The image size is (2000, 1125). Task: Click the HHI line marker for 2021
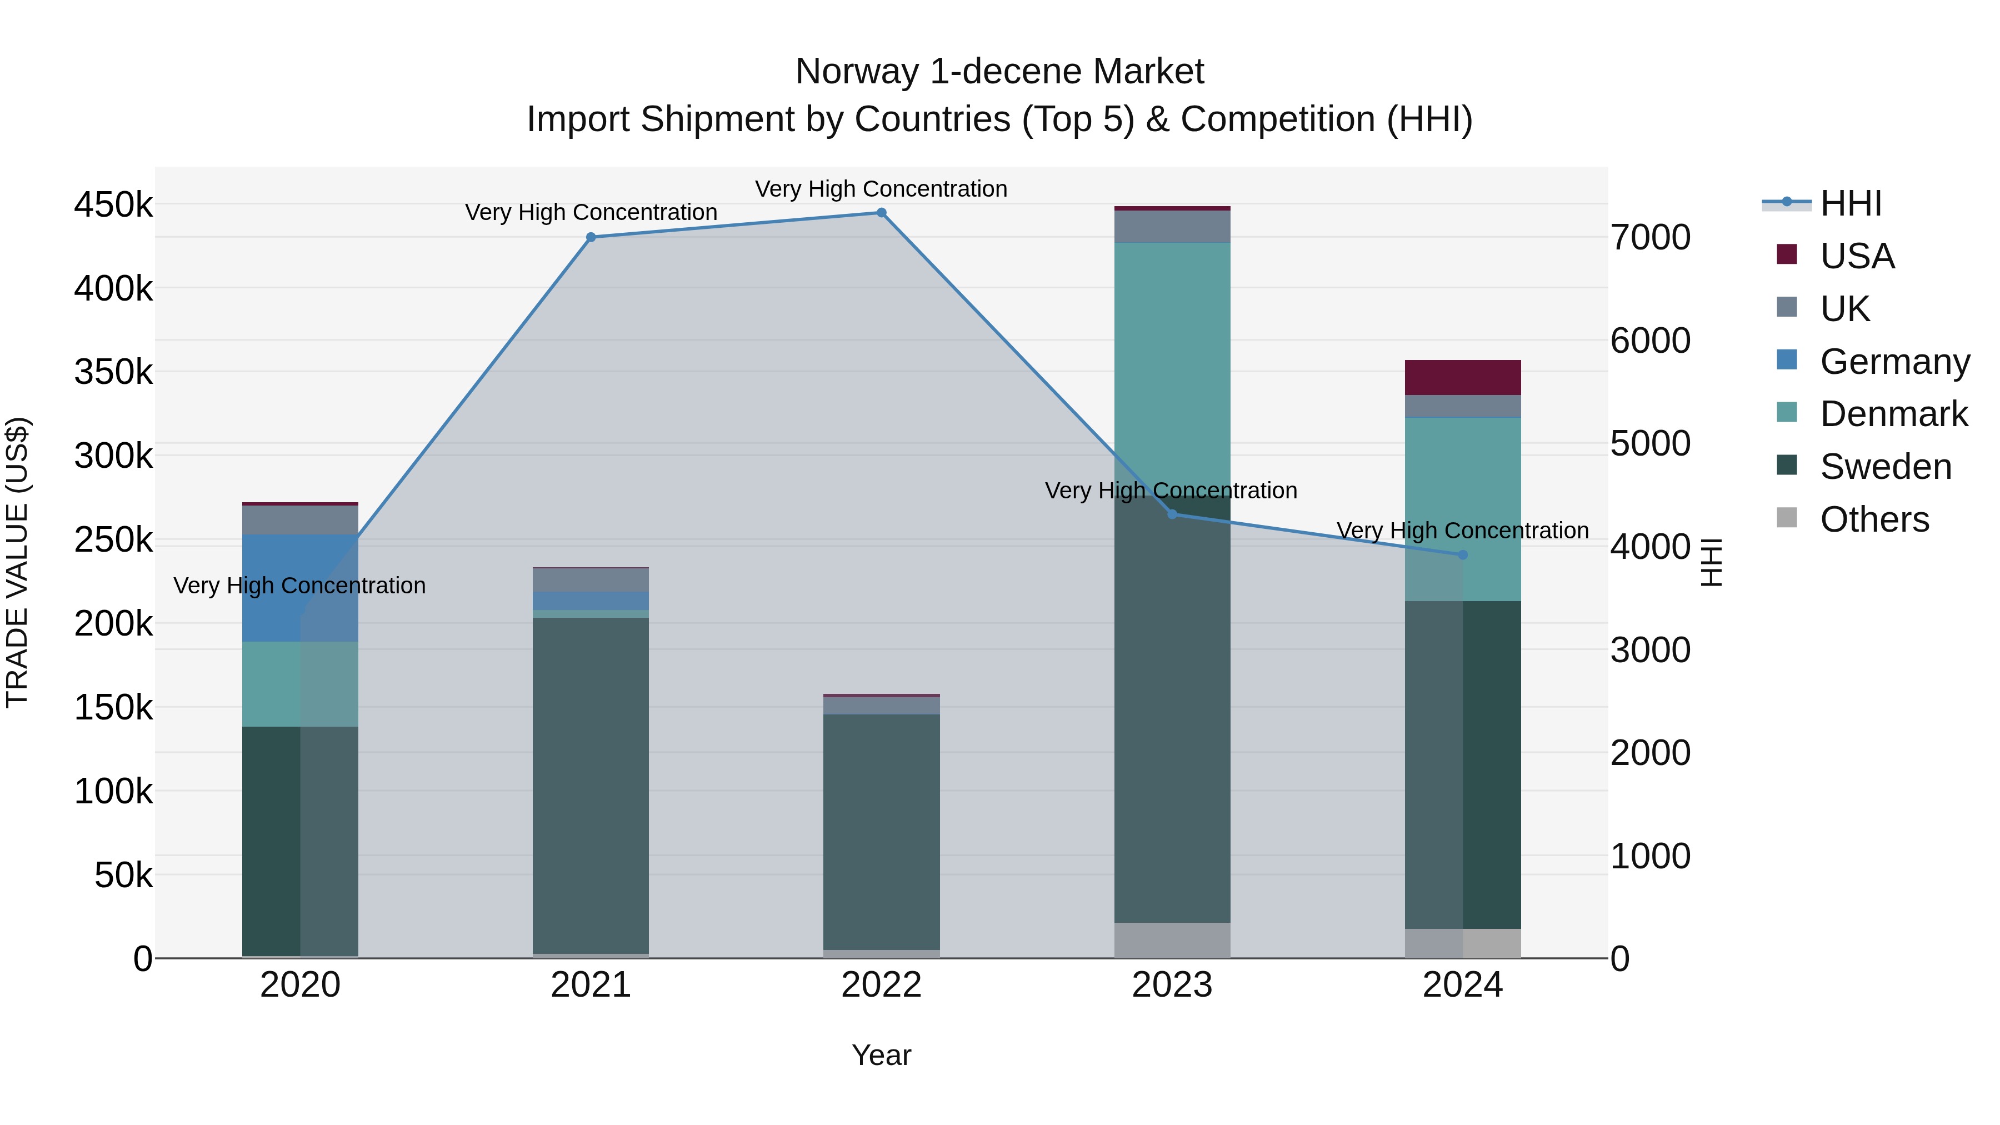pyautogui.click(x=591, y=238)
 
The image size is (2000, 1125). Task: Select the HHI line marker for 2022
pyautogui.click(x=881, y=213)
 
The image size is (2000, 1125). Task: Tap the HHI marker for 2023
pyautogui.click(x=1172, y=514)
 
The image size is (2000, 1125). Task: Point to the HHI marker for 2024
pyautogui.click(x=1463, y=555)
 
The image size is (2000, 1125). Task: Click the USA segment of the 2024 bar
pyautogui.click(x=1463, y=378)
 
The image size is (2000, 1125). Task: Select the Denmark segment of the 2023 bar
pyautogui.click(x=1172, y=365)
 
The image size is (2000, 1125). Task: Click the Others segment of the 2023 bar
pyautogui.click(x=1172, y=940)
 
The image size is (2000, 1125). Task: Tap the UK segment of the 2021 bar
pyautogui.click(x=591, y=580)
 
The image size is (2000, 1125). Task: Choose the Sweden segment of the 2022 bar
pyautogui.click(x=881, y=831)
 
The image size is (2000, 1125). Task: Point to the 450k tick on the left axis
pyautogui.click(x=113, y=206)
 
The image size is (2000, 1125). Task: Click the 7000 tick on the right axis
pyautogui.click(x=1651, y=238)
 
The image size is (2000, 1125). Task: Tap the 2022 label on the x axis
pyautogui.click(x=881, y=985)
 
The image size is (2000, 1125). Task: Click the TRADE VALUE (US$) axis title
pyautogui.click(x=18, y=563)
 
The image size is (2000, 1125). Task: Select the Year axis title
pyautogui.click(x=881, y=1055)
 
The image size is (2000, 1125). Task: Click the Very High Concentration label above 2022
pyautogui.click(x=881, y=189)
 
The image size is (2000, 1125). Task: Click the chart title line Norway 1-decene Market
pyautogui.click(x=999, y=72)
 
